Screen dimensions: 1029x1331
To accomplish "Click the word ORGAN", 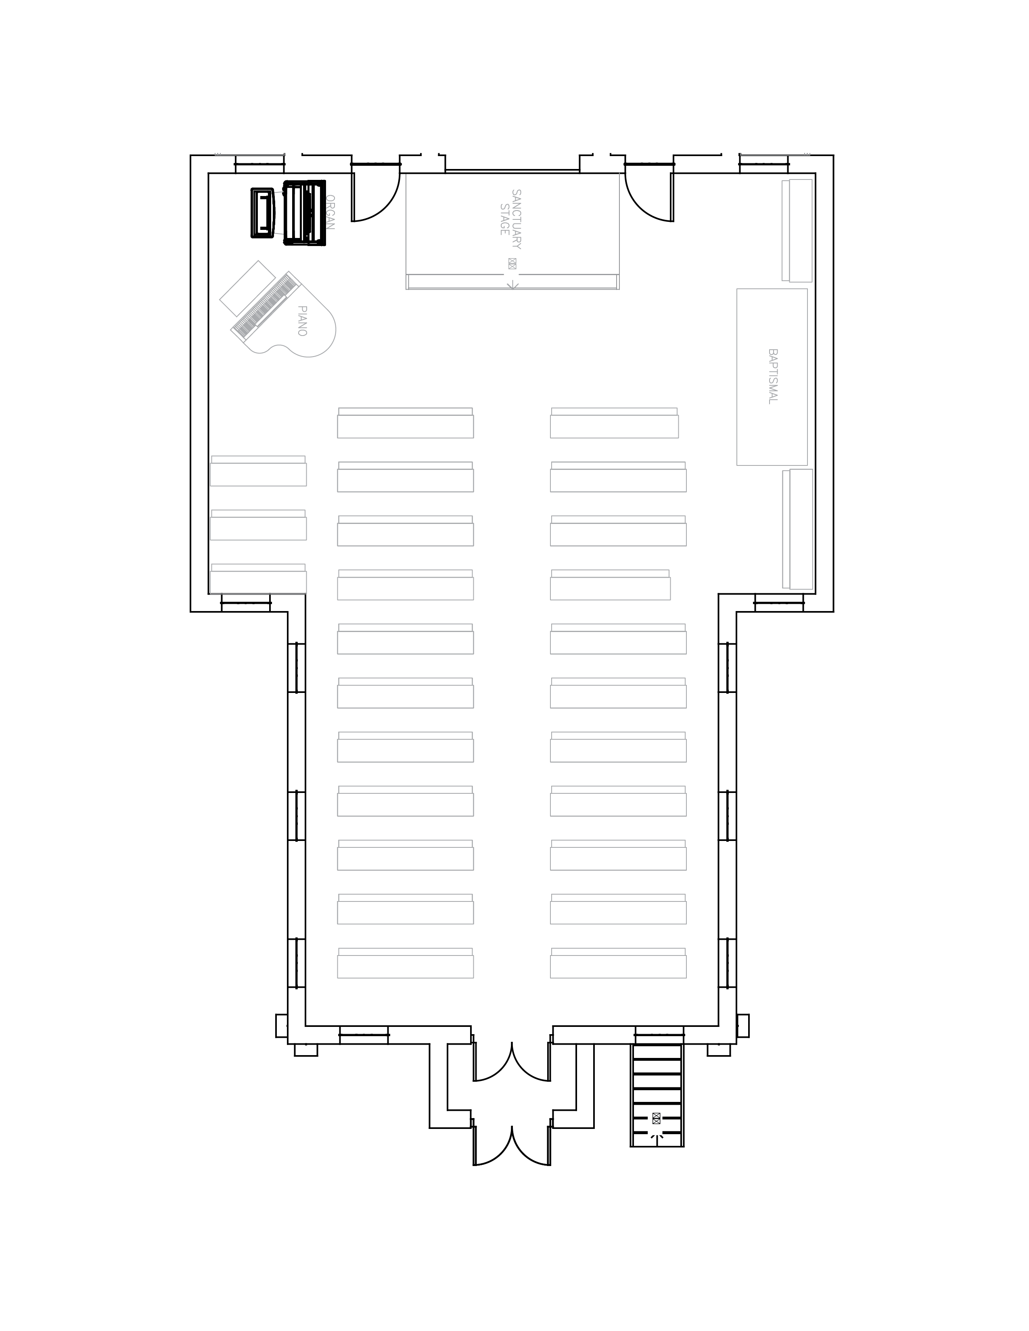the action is pyautogui.click(x=330, y=212).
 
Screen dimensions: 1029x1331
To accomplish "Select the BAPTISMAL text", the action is pyautogui.click(x=773, y=376).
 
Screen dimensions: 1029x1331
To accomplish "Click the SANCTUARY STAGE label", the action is pyautogui.click(x=510, y=219).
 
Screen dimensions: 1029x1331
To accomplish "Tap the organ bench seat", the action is pyautogui.click(x=263, y=213).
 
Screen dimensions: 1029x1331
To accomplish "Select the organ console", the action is pyautogui.click(x=305, y=213).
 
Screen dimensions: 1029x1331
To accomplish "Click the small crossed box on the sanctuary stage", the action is pyautogui.click(x=512, y=263).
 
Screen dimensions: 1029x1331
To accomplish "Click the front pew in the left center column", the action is pyautogui.click(x=406, y=423).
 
